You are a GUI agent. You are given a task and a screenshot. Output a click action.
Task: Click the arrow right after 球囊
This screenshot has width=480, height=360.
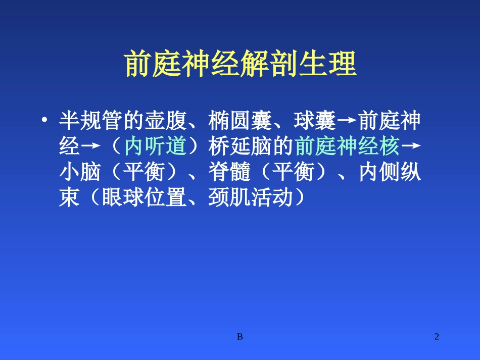(346, 122)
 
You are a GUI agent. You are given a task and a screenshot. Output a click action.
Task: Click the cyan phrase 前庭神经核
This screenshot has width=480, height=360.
(346, 147)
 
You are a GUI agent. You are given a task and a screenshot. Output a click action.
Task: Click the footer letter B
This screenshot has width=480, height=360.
(240, 336)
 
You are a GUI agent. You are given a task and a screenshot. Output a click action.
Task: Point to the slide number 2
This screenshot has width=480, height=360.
(437, 336)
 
